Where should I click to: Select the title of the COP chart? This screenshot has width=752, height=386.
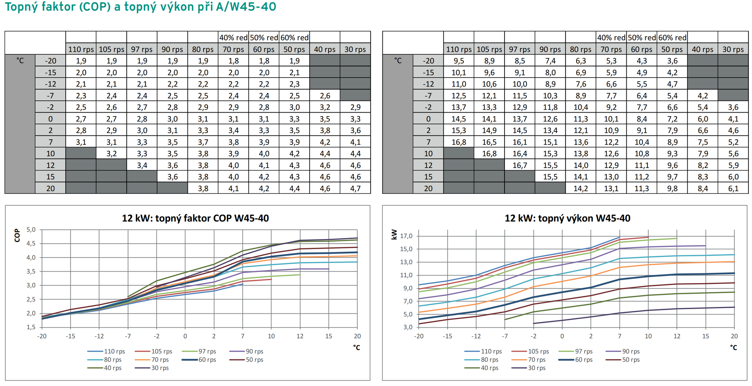click(195, 218)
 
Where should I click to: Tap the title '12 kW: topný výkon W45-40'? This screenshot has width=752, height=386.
click(567, 218)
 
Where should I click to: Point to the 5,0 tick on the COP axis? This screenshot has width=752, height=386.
click(31, 229)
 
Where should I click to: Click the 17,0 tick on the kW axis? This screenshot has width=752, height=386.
click(406, 236)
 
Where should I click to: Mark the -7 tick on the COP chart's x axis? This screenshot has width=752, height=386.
click(128, 336)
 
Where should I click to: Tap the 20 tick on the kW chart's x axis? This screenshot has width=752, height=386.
click(734, 336)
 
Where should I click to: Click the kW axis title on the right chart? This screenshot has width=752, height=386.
click(394, 234)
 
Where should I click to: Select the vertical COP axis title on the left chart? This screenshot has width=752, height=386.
click(17, 235)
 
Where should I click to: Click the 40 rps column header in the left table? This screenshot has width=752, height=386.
click(325, 49)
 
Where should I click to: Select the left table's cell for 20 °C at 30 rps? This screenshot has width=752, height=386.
click(355, 188)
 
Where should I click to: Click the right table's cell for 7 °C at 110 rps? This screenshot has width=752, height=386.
click(459, 142)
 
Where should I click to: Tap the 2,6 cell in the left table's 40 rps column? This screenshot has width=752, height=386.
click(325, 96)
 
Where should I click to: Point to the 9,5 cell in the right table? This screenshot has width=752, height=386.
click(459, 61)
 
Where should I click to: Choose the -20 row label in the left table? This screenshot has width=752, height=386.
click(50, 61)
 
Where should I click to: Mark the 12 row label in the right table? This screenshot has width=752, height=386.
click(428, 165)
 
